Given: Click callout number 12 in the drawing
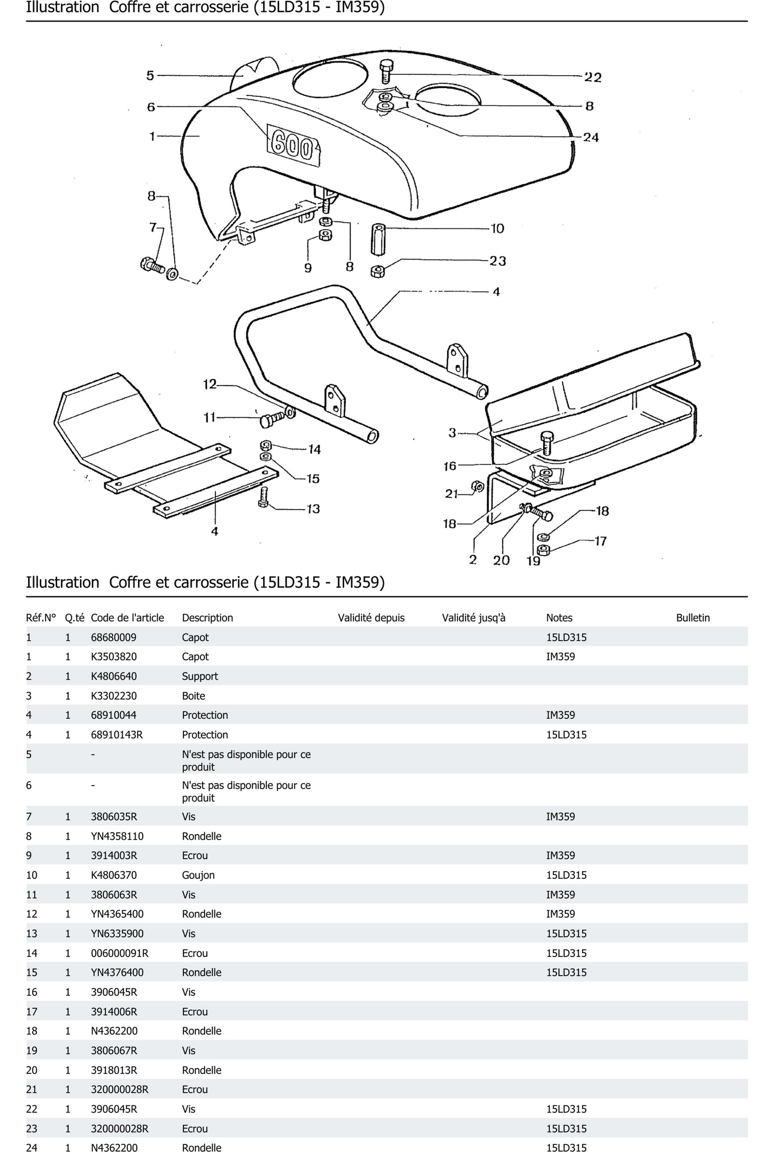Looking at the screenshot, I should click(x=210, y=384).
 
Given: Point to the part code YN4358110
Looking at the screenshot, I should click(x=117, y=836).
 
